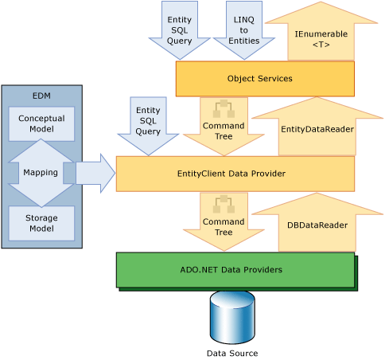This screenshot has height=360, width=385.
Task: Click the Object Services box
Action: pos(264,79)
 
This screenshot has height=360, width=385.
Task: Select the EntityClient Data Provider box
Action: pos(235,174)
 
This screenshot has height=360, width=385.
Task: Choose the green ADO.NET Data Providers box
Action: pos(235,269)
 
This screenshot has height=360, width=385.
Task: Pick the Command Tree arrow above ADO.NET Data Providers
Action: pos(212,222)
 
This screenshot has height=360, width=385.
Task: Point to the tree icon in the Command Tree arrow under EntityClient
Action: pos(212,205)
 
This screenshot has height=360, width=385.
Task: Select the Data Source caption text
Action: pos(232,352)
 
